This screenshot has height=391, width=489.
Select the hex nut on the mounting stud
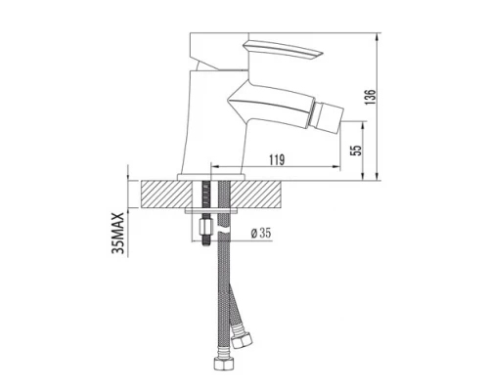(x=207, y=235)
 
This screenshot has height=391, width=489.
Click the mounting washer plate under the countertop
(x=212, y=210)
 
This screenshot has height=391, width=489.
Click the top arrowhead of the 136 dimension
(x=379, y=35)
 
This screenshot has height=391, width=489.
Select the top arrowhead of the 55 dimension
(x=366, y=123)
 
